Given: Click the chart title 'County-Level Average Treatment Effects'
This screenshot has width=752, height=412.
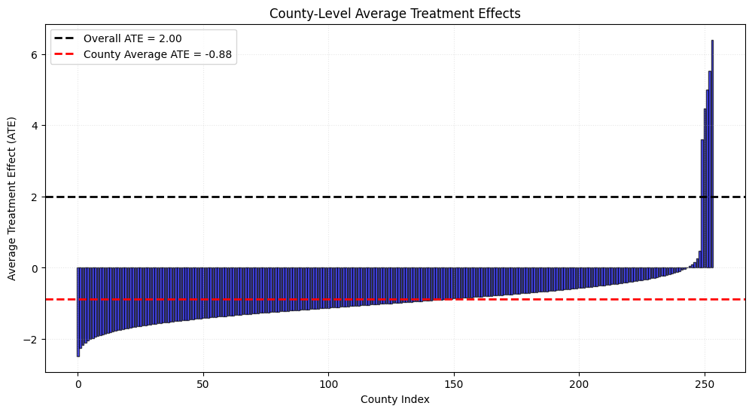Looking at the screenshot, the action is click(394, 14).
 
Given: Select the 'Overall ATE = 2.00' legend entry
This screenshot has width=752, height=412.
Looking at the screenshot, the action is click(118, 39).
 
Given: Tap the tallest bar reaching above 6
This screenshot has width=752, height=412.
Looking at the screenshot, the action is click(712, 154).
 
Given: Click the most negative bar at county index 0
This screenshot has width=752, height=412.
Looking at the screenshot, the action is click(78, 313).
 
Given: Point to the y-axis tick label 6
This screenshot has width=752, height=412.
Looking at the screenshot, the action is click(35, 55).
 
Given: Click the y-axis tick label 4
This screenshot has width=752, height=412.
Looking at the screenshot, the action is click(35, 126).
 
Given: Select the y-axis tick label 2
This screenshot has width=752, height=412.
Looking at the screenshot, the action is click(35, 197).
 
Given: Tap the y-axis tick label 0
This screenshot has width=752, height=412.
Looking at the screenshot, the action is click(35, 268).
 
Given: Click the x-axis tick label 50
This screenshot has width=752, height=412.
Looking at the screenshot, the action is click(203, 385).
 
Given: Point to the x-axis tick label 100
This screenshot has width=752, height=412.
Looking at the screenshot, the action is click(328, 385).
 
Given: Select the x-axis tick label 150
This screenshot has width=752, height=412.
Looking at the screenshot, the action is click(454, 385).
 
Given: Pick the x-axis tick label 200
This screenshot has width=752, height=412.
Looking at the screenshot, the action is click(580, 385).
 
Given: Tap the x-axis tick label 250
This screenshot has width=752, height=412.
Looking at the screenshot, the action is click(705, 385).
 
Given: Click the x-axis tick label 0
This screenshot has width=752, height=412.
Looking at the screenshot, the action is click(78, 385).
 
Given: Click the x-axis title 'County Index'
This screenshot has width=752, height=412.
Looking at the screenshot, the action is click(394, 399).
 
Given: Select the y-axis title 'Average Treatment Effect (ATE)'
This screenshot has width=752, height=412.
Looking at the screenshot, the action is click(11, 199).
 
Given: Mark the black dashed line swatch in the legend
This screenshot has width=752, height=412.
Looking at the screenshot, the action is click(64, 38).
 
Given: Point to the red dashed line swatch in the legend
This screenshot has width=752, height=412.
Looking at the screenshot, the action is click(64, 54).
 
